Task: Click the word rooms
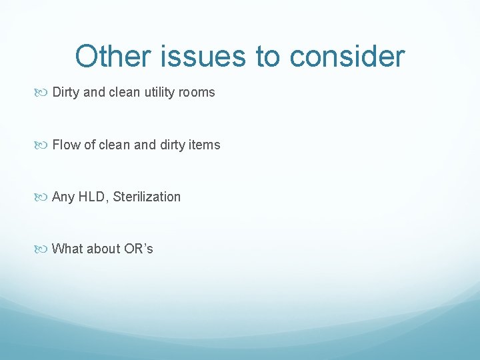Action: coord(197,93)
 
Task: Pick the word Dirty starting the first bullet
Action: coord(66,93)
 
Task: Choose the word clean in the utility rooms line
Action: coord(124,93)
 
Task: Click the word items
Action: coord(204,145)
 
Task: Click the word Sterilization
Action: coord(147,197)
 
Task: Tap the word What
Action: coord(67,249)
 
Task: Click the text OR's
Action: coord(139,249)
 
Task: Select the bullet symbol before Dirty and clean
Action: coord(44,93)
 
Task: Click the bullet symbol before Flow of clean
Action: coord(44,145)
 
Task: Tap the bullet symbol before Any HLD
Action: coord(44,197)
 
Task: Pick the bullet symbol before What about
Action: coord(44,249)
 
